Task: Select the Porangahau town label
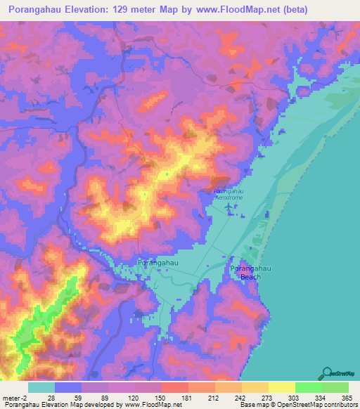point(157,262)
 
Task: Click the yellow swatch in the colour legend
point(281,387)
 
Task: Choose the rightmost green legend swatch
point(335,387)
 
